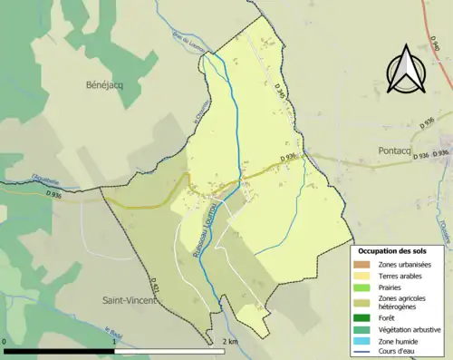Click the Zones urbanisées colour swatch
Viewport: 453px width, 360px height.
(364, 263)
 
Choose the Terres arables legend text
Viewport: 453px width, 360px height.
(403, 273)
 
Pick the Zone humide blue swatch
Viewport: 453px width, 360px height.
(364, 340)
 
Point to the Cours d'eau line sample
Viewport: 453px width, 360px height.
(364, 351)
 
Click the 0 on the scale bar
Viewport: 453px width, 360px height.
(5, 342)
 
